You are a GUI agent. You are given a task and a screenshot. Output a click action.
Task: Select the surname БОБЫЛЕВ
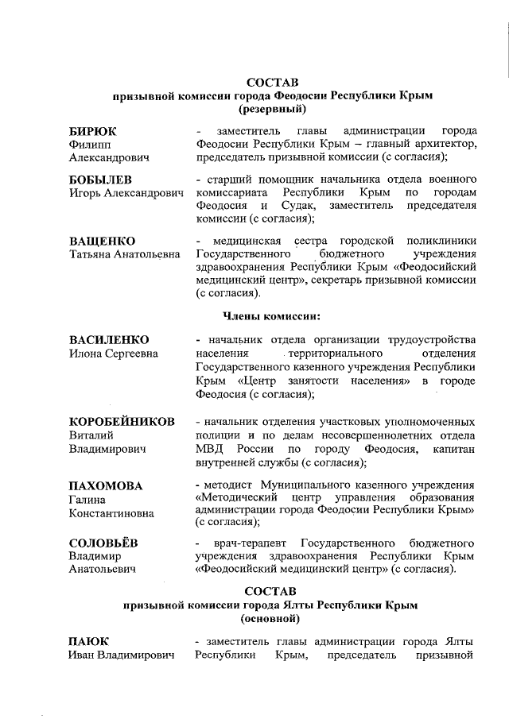point(100,179)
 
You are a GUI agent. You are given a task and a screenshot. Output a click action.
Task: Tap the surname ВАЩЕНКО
point(102,241)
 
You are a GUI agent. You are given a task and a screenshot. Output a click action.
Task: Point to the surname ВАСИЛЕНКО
point(109,340)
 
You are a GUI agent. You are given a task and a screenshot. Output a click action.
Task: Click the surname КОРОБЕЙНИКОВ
point(122,421)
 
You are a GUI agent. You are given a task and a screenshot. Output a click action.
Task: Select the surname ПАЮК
point(88,641)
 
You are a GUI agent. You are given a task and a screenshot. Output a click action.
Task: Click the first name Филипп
point(90,145)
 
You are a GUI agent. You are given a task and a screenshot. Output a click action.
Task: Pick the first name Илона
point(88,354)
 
